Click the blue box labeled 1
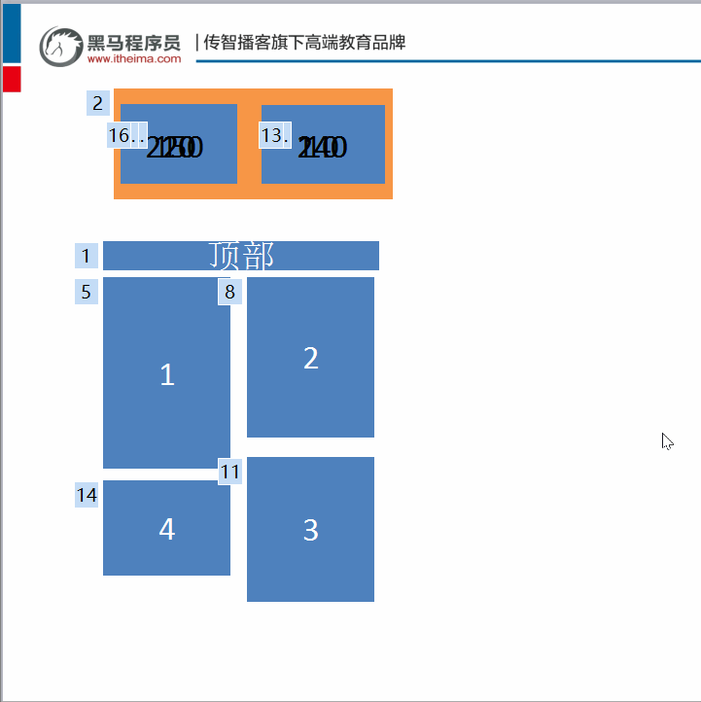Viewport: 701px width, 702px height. coord(166,372)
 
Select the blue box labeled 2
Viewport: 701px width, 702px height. coord(310,357)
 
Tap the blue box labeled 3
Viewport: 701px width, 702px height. coord(310,529)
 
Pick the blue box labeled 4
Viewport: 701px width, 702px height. coord(166,528)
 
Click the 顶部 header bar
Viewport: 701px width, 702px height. coord(241,256)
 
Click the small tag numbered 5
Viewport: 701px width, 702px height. coord(87,292)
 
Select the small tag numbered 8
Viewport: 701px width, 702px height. coord(229,292)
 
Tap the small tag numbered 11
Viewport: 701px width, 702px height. coord(229,472)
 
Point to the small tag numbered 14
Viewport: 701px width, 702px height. coord(87,495)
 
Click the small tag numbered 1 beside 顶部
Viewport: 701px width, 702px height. coord(87,257)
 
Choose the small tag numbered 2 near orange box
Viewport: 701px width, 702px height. coord(97,103)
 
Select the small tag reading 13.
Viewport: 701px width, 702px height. coord(275,135)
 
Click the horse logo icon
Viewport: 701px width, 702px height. coord(60,46)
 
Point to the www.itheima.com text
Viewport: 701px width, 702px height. coord(134,59)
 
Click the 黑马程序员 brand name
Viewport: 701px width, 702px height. coord(134,42)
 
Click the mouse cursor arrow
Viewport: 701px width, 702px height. coord(667,440)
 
